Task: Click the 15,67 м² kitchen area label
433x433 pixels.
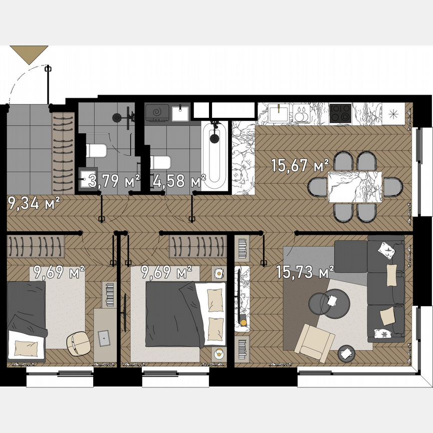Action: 300,165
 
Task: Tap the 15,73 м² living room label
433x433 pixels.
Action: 305,272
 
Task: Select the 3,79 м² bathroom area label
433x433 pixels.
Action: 114,181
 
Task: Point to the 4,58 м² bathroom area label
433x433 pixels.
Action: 179,181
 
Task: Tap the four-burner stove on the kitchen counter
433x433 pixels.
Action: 340,112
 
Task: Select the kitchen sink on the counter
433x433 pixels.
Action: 278,113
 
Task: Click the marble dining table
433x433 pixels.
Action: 354,186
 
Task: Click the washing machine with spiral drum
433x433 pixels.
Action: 157,113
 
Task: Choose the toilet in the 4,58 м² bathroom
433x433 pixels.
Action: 160,162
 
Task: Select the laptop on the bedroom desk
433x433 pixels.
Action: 104,337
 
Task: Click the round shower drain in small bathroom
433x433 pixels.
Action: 117,117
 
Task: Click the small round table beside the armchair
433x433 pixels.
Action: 345,353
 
